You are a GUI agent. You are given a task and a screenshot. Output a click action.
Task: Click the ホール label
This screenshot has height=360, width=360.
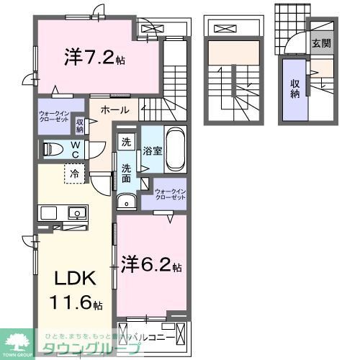[x=114, y=110]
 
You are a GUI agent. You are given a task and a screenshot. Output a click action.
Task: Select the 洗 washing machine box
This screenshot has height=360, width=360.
[x=127, y=142]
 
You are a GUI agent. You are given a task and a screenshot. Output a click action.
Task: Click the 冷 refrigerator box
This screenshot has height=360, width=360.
[x=74, y=174]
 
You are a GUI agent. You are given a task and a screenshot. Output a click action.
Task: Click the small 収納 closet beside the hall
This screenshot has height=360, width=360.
[x=80, y=127]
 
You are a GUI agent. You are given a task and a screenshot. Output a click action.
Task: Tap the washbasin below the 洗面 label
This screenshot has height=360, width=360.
[x=127, y=200]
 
